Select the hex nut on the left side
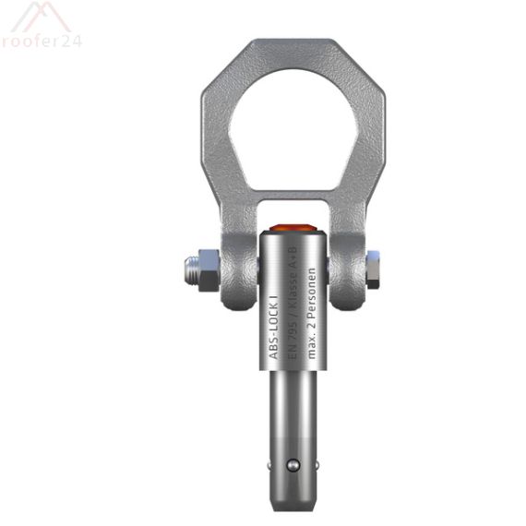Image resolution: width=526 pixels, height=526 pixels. click(210, 269)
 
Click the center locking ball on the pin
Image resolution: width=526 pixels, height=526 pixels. click(293, 467)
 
